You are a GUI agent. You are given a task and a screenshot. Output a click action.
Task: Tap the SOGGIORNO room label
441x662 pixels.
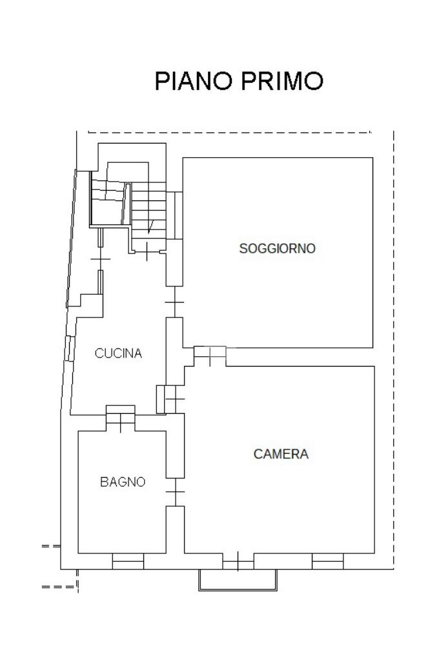pos(277,248)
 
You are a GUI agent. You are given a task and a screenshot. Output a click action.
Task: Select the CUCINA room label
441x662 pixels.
pos(118,354)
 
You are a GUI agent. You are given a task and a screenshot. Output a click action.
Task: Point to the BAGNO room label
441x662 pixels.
pos(123,482)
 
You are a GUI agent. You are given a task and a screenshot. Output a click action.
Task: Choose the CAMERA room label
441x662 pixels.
pos(281,454)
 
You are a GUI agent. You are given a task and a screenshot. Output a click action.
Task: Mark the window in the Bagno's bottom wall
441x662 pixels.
pos(128,562)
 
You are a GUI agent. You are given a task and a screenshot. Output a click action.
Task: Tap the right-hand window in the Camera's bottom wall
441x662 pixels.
pos(327,562)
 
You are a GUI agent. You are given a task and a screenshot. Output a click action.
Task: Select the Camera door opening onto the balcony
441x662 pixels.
pos(238,562)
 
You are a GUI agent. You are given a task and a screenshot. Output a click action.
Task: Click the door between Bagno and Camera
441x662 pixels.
pos(175,493)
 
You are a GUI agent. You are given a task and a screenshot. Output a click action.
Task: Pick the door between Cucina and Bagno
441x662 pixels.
pos(121,419)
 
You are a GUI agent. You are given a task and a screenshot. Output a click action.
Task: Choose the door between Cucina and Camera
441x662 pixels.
pos(174,399)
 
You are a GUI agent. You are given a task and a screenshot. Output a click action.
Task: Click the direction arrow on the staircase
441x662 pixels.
pos(150,226)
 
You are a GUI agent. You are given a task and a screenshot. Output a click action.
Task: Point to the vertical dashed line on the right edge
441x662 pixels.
pos(393,323)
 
